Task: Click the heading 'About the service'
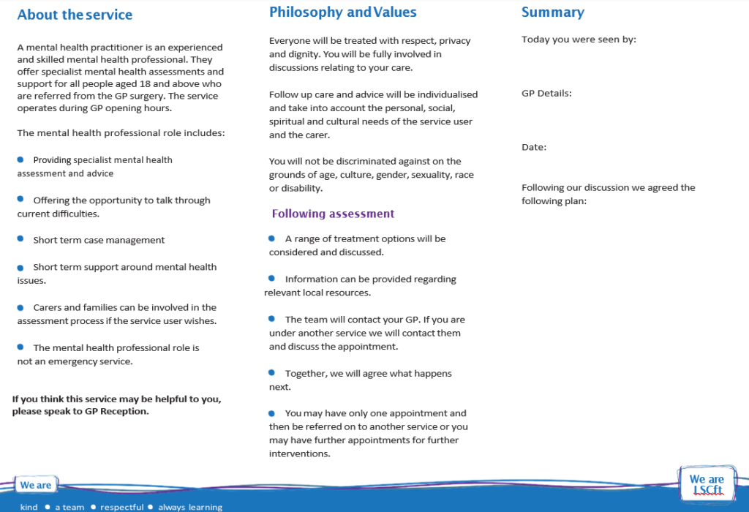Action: point(75,15)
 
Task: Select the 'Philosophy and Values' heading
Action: point(342,12)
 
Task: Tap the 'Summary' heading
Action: point(552,12)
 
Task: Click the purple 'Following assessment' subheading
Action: point(333,214)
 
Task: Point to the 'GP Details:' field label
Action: point(546,94)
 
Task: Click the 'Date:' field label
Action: point(534,147)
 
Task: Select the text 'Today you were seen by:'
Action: point(579,39)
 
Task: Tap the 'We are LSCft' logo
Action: point(707,484)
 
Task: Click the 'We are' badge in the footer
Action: point(36,485)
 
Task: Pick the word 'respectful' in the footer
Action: point(122,507)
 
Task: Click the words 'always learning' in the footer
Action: point(190,507)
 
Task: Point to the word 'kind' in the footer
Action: point(29,507)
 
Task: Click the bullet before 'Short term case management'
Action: point(20,239)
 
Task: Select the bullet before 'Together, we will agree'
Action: point(271,372)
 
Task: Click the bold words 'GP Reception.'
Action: point(117,411)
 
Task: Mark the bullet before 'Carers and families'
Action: point(20,306)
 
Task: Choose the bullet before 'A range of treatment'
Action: point(271,238)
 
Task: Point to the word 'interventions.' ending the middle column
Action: point(300,453)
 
